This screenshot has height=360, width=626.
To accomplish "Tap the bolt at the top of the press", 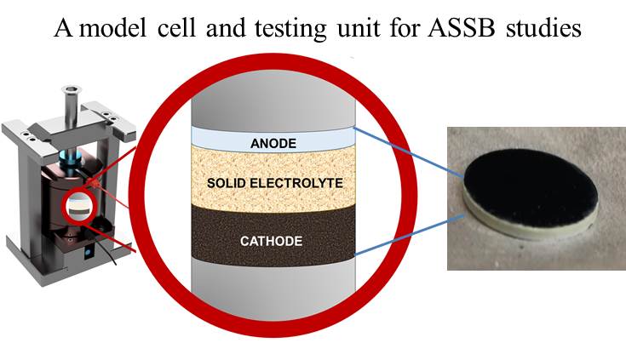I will [x=67, y=106].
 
